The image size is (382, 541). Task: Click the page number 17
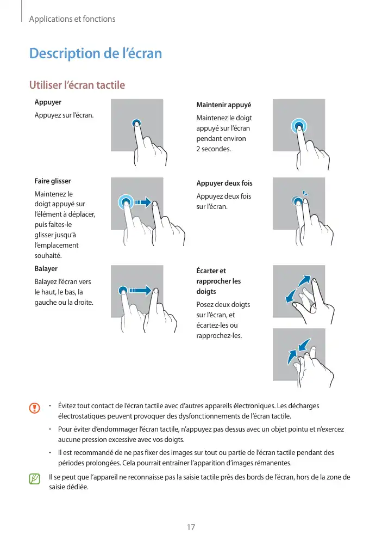[x=191, y=527]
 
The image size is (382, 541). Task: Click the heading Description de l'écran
[x=96, y=53]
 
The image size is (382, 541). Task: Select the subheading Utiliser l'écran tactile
[x=77, y=85]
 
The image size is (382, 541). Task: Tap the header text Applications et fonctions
[x=72, y=19]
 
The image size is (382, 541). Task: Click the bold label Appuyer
[x=48, y=102]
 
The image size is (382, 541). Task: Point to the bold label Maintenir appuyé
[x=223, y=105]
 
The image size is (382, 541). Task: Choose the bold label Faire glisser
[x=53, y=181]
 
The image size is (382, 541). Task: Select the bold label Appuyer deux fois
[x=224, y=183]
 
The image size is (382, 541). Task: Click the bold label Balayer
[x=46, y=269]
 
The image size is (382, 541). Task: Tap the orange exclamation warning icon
[x=35, y=407]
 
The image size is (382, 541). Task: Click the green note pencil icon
[x=35, y=479]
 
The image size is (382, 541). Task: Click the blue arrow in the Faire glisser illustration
[x=142, y=202]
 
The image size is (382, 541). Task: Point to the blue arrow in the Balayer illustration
[x=140, y=291]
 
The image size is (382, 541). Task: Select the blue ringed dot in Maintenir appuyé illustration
[x=298, y=127]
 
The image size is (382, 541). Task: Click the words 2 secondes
[x=214, y=149]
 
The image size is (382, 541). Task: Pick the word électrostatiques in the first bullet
[x=83, y=417]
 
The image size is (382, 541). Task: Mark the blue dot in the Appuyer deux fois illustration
[x=297, y=202]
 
